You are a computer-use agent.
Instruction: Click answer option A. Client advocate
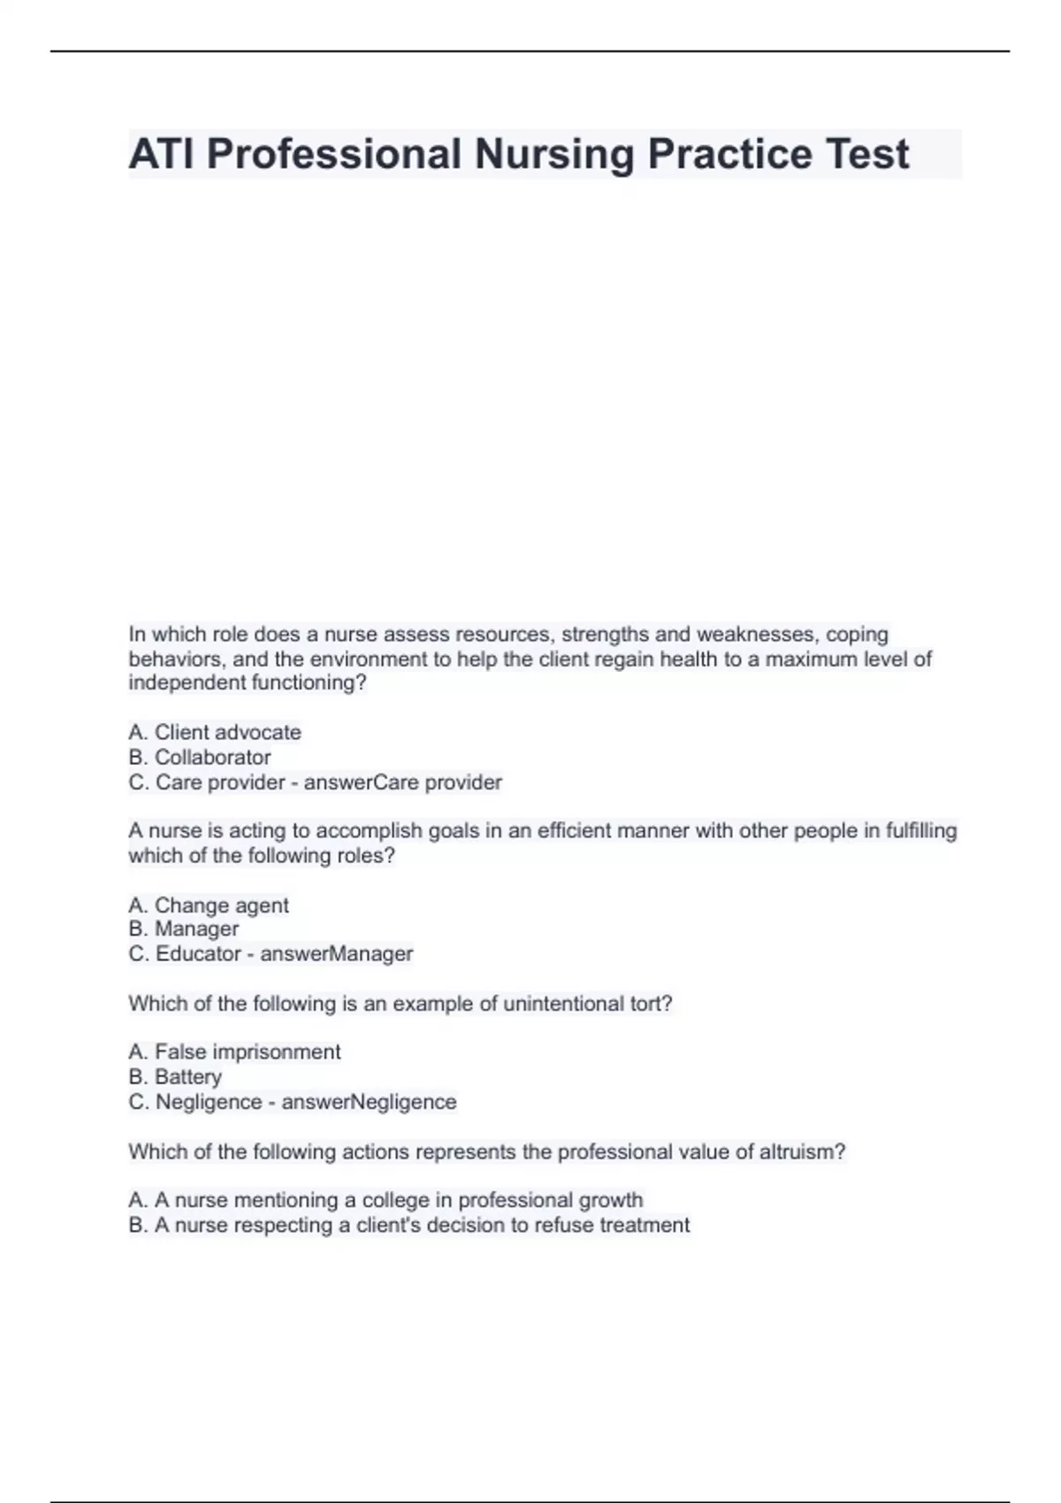[x=215, y=732]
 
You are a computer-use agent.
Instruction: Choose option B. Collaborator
[x=200, y=757]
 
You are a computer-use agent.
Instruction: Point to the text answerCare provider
[x=403, y=782]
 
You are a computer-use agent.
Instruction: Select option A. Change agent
[x=209, y=905]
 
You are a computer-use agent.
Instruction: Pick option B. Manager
[x=184, y=928]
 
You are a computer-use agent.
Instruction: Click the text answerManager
[x=337, y=954]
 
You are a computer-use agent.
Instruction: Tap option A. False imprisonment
[x=234, y=1052]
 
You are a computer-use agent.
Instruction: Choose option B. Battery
[x=175, y=1077]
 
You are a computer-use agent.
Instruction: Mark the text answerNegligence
[x=369, y=1102]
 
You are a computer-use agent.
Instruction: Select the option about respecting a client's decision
[x=409, y=1225]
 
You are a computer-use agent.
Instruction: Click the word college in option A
[x=395, y=1201]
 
